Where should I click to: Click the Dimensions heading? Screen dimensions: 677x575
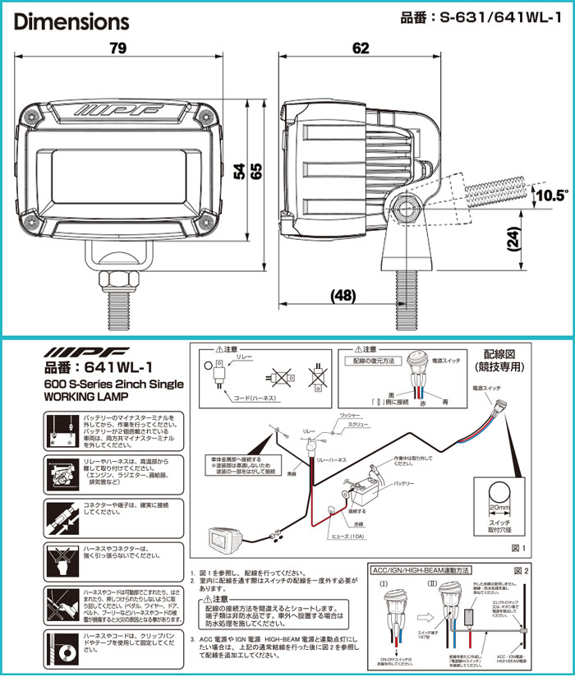click(x=72, y=20)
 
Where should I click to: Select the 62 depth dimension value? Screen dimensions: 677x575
click(x=361, y=48)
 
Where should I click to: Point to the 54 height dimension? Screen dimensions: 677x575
click(x=237, y=171)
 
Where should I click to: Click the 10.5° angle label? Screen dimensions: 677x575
click(x=550, y=195)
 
